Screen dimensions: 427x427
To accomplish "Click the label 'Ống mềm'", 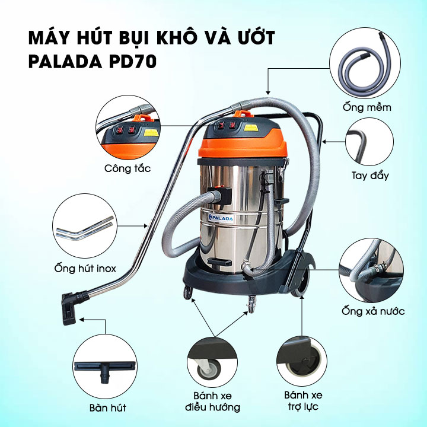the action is [367, 107].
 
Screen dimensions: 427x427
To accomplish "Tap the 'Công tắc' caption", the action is [128, 168].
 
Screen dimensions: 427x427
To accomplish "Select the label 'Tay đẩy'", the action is [370, 175].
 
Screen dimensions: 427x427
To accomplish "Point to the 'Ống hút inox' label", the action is [85, 268].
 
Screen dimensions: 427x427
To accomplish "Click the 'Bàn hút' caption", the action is [108, 407].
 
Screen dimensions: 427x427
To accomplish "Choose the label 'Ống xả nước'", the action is [373, 311].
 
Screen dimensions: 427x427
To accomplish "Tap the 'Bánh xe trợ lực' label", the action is [303, 400].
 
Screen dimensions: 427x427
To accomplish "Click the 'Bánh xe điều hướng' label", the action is [213, 401].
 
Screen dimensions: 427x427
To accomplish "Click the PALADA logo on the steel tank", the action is [221, 218].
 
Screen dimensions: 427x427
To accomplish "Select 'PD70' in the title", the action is [133, 62].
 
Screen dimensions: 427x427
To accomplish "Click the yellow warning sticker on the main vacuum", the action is [251, 128].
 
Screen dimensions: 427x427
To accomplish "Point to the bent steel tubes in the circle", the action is [85, 228].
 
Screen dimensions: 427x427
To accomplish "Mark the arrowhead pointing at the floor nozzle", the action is [81, 319].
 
